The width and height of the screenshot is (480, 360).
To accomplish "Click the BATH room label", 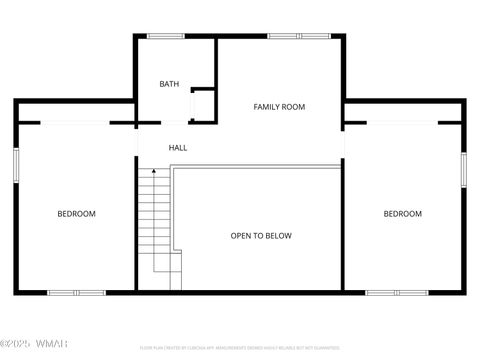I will click(169, 84).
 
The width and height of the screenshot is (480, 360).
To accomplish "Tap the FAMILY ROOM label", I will click(279, 107).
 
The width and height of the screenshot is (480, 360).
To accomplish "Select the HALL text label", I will click(178, 148).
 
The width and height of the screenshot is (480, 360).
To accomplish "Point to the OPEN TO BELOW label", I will click(261, 236).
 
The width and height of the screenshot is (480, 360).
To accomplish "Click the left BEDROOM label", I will click(76, 214).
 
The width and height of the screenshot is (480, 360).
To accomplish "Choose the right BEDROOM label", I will click(403, 214).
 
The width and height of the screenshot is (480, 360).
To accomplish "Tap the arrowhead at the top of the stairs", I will click(153, 172).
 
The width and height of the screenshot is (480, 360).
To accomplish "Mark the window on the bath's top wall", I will click(165, 36).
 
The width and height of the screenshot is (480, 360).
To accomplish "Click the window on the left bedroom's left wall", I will click(15, 165).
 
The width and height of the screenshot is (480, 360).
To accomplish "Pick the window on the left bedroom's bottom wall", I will click(76, 292).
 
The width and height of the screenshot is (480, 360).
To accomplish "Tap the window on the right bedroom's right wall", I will click(463, 169).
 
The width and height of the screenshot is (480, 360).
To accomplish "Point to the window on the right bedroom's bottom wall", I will click(397, 292).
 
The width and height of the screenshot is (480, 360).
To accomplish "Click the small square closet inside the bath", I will click(202, 104).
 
